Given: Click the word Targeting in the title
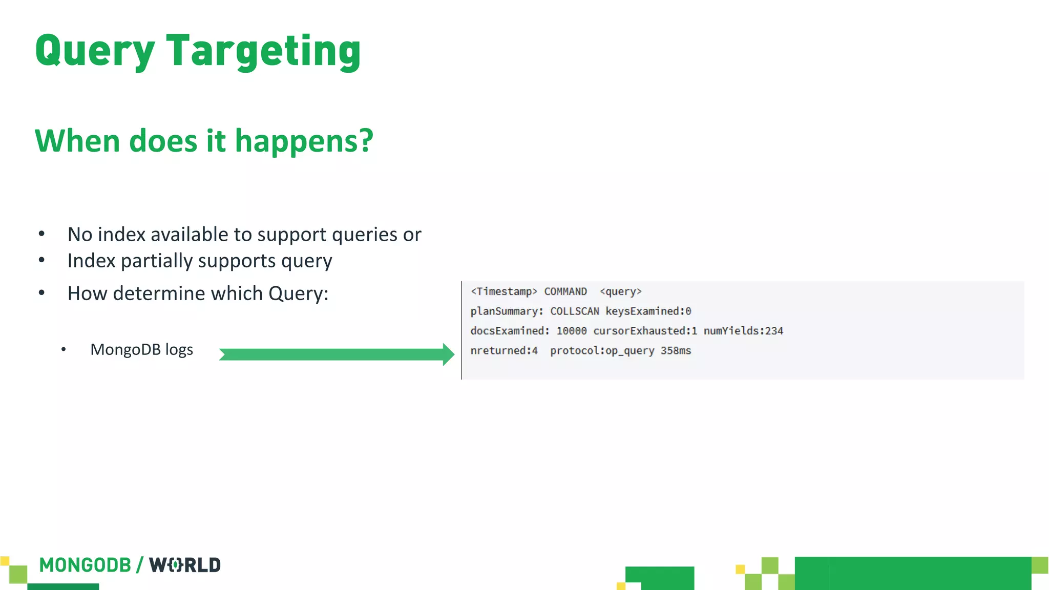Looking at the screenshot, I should [x=263, y=51].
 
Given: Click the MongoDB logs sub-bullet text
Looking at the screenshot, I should [x=141, y=350].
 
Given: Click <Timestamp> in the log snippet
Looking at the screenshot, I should [x=503, y=291].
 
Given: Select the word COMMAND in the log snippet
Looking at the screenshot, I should [x=565, y=291].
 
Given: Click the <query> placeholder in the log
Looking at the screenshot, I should [x=620, y=291].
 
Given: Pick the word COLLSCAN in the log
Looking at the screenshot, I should [x=574, y=311].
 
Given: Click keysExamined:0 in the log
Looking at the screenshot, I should [x=648, y=311].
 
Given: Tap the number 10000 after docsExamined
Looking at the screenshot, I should [x=571, y=331].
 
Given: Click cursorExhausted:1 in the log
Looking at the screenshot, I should [x=645, y=331].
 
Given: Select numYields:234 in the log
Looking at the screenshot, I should [x=743, y=331].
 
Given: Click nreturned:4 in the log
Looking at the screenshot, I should [x=504, y=351].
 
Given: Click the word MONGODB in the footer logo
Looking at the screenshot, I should [x=85, y=565].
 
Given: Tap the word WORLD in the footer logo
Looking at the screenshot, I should [x=184, y=565].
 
